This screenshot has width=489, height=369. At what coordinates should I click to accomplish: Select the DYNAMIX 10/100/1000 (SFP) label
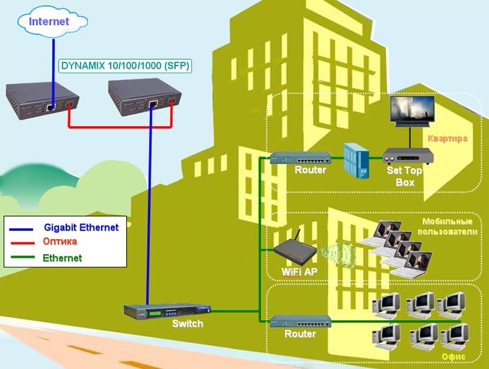point(125,66)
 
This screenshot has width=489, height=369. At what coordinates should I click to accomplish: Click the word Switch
point(187,324)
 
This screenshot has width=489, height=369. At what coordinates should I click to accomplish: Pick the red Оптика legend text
point(60,242)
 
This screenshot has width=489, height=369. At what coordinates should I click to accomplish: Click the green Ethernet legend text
point(62,258)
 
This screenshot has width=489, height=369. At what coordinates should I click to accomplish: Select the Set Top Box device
point(408,156)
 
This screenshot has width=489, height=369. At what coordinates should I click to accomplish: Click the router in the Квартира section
point(300,157)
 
